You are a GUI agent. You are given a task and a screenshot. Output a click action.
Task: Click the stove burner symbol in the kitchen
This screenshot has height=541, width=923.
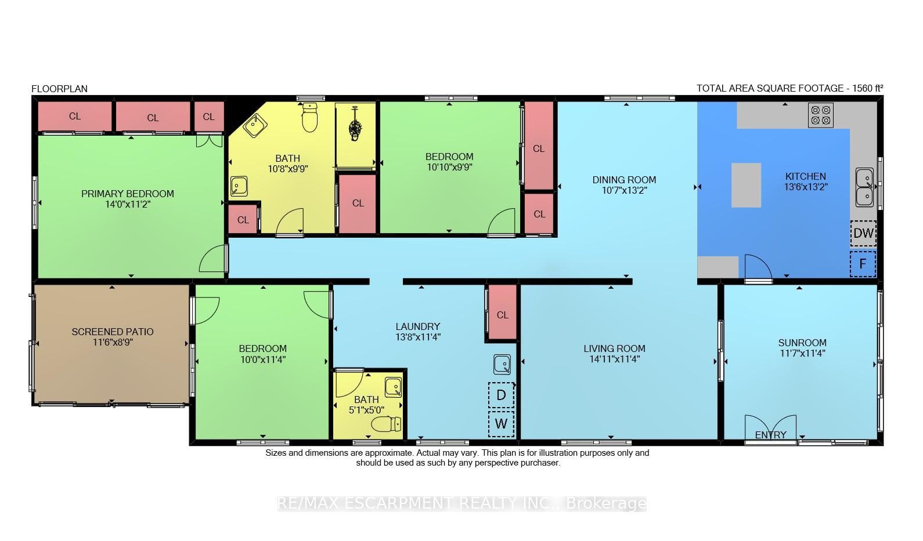coord(820,115)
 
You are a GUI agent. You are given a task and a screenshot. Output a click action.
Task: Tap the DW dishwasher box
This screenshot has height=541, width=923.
coord(863,234)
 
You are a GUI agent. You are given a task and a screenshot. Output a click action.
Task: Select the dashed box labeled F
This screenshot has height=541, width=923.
coord(863,264)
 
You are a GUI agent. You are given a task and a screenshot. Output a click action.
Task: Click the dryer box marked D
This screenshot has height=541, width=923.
coord(501,395)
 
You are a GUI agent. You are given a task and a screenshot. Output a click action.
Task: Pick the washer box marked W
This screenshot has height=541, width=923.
coord(501,424)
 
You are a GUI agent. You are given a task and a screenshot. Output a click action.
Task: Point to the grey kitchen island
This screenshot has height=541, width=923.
coord(746,186)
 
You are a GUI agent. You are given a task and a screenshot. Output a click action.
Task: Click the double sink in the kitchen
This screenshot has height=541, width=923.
coord(864,187)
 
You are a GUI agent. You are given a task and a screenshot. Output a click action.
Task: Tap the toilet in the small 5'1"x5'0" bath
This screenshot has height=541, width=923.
coord(386,424)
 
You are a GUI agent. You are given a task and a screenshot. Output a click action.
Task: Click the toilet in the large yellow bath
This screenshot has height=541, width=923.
coord(310,117)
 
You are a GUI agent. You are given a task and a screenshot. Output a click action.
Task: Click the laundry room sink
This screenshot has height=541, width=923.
coord(502,364)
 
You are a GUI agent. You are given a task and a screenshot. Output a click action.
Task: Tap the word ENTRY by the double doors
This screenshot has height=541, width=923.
coord(770,435)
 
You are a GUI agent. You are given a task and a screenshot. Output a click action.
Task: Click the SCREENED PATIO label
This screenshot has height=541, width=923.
coord(113,332)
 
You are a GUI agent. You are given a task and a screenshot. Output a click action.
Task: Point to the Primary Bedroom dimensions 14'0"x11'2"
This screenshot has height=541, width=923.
coord(128,204)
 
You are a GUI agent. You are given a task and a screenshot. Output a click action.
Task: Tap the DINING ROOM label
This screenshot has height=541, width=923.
coord(624,180)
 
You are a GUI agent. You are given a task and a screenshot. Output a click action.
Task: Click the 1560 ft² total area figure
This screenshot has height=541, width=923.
coord(868,88)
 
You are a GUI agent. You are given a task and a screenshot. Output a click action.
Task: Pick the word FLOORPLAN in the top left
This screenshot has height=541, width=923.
coord(59,89)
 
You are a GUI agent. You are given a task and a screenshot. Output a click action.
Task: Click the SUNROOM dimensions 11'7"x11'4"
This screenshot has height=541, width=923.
coord(802,353)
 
